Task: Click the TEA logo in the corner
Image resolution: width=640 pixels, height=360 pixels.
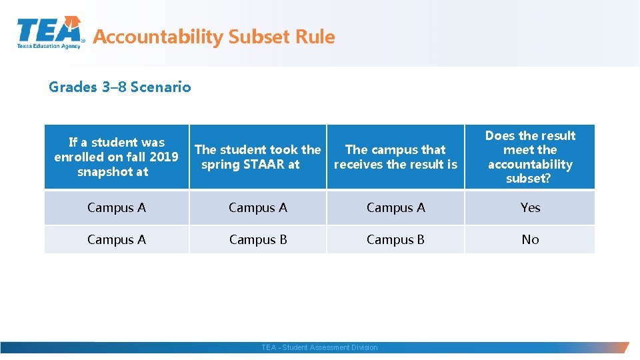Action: pyautogui.click(x=50, y=32)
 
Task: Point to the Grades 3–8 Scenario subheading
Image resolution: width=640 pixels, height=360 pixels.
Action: pyautogui.click(x=120, y=87)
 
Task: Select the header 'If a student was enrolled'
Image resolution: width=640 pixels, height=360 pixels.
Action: pyautogui.click(x=117, y=157)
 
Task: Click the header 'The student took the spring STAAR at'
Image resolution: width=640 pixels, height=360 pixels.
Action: pyautogui.click(x=257, y=157)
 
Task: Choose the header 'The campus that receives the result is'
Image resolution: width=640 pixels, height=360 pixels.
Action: pyautogui.click(x=395, y=157)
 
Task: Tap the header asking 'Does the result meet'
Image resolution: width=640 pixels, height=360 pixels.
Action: pyautogui.click(x=530, y=157)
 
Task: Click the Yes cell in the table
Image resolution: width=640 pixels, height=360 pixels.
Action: pyautogui.click(x=530, y=207)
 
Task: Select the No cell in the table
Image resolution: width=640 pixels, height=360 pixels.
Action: pyautogui.click(x=530, y=239)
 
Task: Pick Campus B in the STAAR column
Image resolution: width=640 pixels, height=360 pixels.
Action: pyautogui.click(x=258, y=239)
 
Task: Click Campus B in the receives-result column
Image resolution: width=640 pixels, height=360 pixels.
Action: pyautogui.click(x=395, y=239)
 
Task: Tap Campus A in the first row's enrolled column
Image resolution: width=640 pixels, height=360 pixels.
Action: pyautogui.click(x=117, y=207)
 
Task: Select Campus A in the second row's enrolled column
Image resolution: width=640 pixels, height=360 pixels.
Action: pyautogui.click(x=117, y=239)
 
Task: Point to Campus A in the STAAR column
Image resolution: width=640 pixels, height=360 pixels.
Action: pyautogui.click(x=258, y=207)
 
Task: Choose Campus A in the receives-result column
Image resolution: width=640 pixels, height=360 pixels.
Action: pyautogui.click(x=395, y=207)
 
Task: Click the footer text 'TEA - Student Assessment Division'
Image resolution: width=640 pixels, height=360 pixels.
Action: pyautogui.click(x=319, y=347)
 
